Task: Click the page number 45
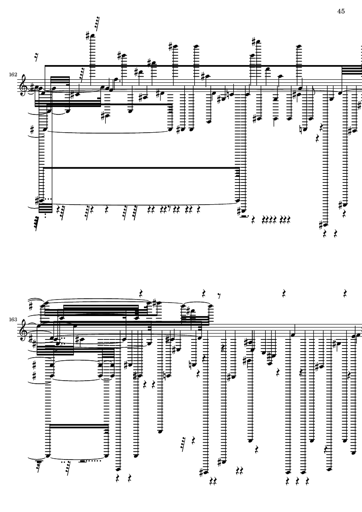tap(341, 11)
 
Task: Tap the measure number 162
tap(13, 75)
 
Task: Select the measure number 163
tap(13, 320)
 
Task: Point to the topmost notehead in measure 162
tap(93, 35)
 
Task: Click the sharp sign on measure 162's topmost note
tap(88, 35)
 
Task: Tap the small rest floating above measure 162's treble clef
tap(37, 58)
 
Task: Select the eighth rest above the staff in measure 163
tap(219, 296)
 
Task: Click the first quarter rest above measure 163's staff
tap(141, 293)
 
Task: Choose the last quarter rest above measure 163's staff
tap(345, 293)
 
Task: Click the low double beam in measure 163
tap(78, 425)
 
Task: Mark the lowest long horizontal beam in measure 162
tap(141, 167)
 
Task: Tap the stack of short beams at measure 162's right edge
tap(352, 69)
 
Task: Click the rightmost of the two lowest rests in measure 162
tap(335, 234)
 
